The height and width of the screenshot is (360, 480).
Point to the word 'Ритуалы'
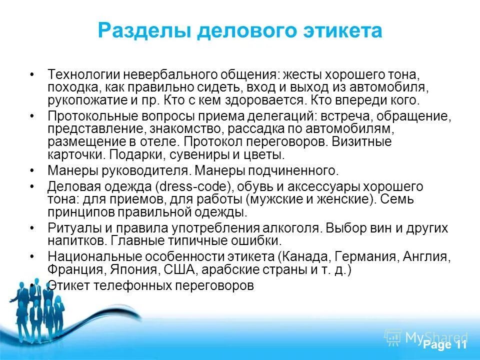(69, 228)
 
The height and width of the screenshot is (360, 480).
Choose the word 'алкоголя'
(295, 228)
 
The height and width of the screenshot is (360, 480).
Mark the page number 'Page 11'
(444, 345)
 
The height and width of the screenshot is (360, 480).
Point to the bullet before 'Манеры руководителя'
(32, 170)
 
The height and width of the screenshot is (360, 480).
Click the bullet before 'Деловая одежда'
(32, 187)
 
